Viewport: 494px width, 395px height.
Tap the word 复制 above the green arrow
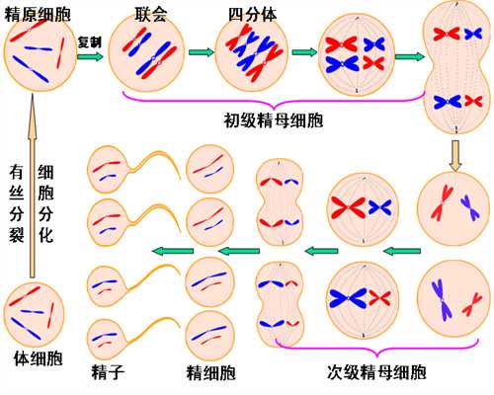click(90, 41)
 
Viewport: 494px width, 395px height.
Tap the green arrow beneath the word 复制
click(90, 56)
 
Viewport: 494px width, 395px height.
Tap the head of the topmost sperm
click(106, 171)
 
